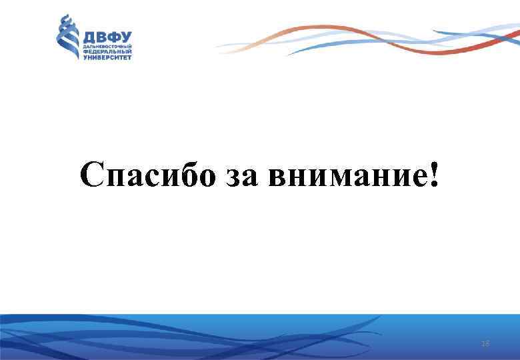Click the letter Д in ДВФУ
coord(87,37)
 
